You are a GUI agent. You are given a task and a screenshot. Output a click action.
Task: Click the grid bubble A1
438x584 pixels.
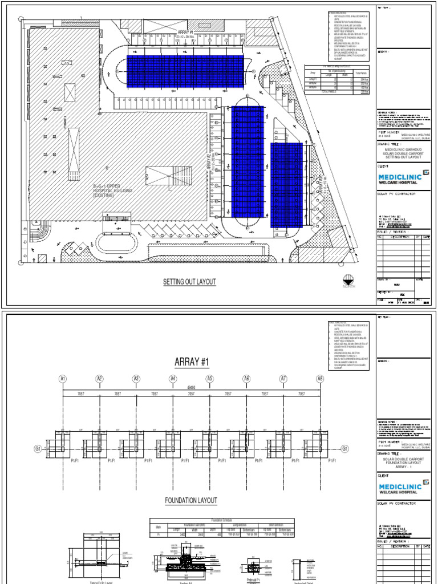coord(62,379)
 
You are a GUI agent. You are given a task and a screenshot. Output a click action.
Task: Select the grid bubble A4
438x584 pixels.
coord(173,379)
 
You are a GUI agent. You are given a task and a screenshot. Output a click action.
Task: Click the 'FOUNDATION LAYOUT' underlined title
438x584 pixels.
coord(191,500)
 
